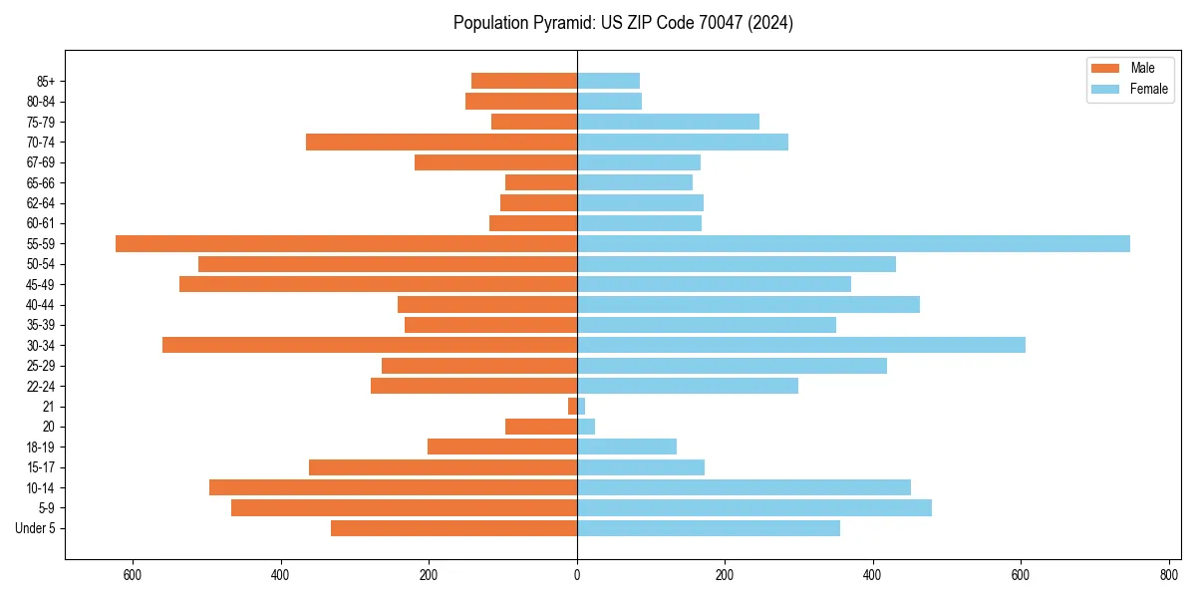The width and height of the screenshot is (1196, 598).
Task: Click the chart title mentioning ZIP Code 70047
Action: click(x=623, y=23)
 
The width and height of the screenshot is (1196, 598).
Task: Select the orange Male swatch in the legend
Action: click(x=1105, y=68)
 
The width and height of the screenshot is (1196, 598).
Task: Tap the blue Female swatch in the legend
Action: click(x=1105, y=89)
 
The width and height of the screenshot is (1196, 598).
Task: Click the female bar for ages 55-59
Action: click(x=853, y=244)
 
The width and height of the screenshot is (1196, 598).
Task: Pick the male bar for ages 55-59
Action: click(x=346, y=244)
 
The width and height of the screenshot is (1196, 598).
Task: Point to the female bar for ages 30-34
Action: click(x=800, y=345)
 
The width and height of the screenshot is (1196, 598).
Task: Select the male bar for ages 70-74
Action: click(x=442, y=143)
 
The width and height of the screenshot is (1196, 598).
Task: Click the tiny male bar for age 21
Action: click(x=572, y=407)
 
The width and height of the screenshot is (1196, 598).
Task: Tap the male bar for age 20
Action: click(x=541, y=427)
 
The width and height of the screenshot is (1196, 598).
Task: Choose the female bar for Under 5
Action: click(x=708, y=528)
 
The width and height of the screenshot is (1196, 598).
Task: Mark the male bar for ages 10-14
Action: click(x=393, y=487)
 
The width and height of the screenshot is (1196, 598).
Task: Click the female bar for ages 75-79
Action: click(x=668, y=122)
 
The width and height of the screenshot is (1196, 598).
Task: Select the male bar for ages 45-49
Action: click(x=378, y=284)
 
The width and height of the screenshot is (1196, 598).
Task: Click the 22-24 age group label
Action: click(x=41, y=387)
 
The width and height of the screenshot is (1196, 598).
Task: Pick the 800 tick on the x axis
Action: click(x=1168, y=575)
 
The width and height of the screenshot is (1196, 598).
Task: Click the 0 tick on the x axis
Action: click(x=577, y=575)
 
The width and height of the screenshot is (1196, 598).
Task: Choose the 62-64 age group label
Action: click(x=41, y=203)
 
